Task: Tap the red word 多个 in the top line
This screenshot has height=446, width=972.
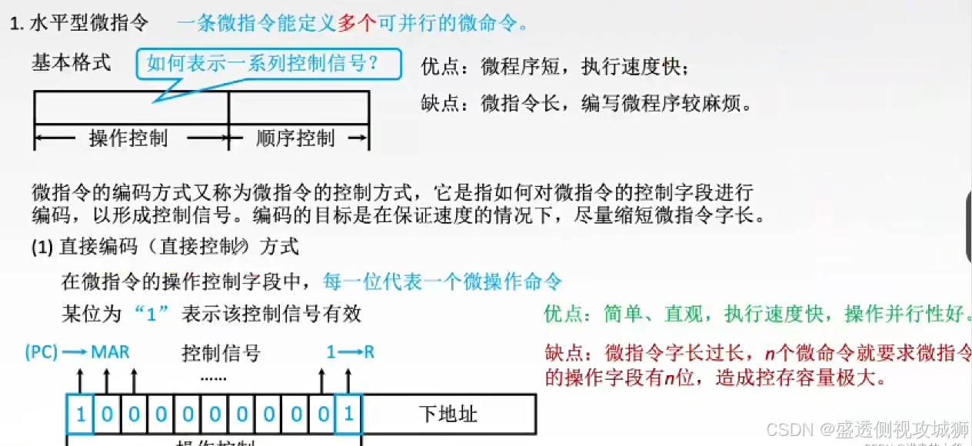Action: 356,23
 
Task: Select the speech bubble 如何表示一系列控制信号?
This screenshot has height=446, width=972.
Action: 269,64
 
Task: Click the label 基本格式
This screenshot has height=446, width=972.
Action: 72,62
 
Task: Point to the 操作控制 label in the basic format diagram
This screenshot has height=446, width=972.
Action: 128,138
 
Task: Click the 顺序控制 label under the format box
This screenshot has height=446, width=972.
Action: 295,138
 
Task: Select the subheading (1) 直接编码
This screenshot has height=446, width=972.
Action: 165,246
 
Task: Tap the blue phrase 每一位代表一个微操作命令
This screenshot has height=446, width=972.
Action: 443,281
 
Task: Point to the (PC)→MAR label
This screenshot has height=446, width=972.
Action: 77,352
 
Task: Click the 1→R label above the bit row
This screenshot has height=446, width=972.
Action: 350,352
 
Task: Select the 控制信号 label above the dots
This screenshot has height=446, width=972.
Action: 221,354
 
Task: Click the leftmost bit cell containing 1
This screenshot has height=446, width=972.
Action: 81,414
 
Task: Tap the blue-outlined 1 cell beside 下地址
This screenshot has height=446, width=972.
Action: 348,414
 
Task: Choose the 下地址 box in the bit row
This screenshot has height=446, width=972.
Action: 448,414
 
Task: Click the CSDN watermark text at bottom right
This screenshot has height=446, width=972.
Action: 877,428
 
